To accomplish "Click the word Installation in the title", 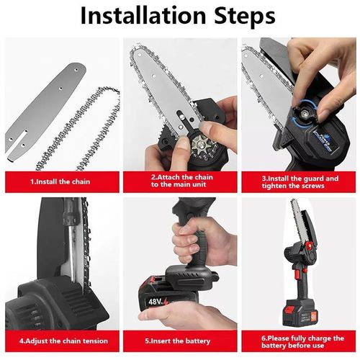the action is (x=143, y=15).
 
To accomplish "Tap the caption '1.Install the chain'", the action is (x=60, y=181).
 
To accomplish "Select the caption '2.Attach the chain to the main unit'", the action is (x=182, y=181).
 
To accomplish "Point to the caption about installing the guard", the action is (x=300, y=182).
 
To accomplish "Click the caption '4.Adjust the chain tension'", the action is (x=63, y=341).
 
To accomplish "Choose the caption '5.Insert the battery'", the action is (x=178, y=341).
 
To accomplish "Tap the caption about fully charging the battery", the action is (x=302, y=342).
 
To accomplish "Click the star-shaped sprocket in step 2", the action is (x=201, y=143).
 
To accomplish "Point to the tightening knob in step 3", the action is (x=305, y=113).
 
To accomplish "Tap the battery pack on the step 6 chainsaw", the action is (x=300, y=312).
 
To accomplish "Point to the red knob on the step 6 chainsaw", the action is (x=309, y=246).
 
